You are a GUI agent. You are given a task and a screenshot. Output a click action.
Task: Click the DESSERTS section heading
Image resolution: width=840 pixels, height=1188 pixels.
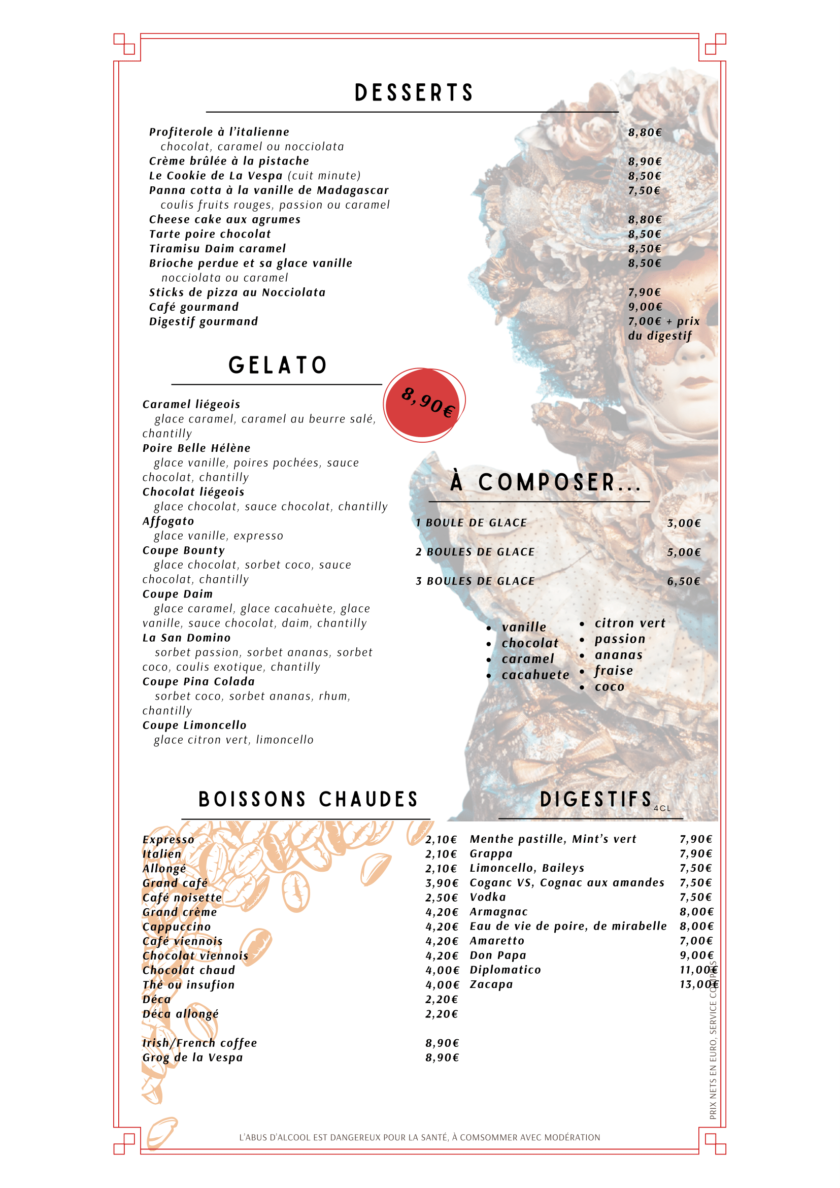point(414,93)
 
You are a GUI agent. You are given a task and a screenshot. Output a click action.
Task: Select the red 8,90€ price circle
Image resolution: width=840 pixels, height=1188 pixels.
point(423,403)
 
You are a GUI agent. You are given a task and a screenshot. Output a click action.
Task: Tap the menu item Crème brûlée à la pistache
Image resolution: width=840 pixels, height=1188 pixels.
point(229,161)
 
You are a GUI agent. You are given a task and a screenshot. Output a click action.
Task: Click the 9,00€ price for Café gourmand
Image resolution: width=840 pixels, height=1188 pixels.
point(645,307)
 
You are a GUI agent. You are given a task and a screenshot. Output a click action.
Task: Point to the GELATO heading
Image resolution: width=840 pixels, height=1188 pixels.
point(278,366)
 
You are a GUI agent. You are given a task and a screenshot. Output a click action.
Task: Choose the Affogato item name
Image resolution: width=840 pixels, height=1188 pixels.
point(168,521)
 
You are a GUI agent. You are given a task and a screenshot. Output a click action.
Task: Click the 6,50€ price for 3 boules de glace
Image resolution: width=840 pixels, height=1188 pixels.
point(683,581)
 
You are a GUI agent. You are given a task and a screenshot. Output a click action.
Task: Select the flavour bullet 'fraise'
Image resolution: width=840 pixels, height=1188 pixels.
point(614,671)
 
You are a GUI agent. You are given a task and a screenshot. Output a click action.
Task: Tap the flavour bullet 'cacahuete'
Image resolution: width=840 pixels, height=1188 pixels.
point(535,675)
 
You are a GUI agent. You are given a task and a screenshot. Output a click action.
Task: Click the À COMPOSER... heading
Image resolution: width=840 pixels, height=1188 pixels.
point(545,482)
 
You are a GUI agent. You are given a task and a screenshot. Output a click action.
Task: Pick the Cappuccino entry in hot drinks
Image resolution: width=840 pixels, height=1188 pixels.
point(177,927)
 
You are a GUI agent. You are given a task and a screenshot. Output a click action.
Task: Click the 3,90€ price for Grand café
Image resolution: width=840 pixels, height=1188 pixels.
point(442,883)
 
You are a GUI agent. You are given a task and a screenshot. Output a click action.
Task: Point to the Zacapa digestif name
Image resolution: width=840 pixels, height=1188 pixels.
point(491,984)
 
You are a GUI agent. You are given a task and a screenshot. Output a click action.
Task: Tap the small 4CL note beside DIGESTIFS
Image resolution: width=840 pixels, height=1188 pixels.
point(661,808)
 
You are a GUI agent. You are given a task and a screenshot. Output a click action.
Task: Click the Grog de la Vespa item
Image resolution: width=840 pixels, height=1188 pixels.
point(192,1058)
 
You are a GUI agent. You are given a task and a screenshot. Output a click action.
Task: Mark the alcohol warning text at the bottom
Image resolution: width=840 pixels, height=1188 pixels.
point(419,1137)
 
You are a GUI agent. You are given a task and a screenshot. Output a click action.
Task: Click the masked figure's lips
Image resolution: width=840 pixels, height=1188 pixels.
point(698,383)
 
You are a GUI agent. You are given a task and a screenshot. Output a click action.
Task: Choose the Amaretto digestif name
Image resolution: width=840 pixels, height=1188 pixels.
point(496,941)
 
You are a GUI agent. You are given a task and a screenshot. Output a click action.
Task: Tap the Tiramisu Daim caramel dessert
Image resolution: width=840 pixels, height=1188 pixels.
point(217,248)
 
